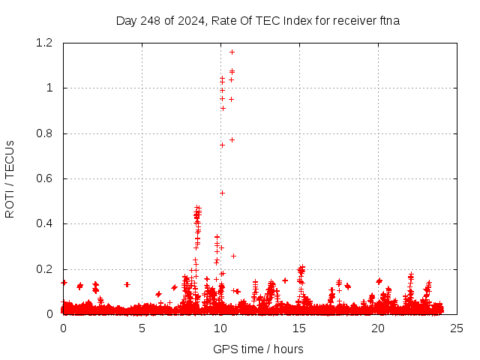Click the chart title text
258,20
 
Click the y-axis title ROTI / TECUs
10,179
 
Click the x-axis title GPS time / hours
258,349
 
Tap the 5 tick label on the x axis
142,328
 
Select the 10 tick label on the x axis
220,328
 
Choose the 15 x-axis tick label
299,328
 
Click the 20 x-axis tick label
378,328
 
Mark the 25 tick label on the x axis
457,328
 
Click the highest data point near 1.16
232,52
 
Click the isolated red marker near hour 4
127,284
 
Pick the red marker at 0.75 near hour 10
222,145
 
